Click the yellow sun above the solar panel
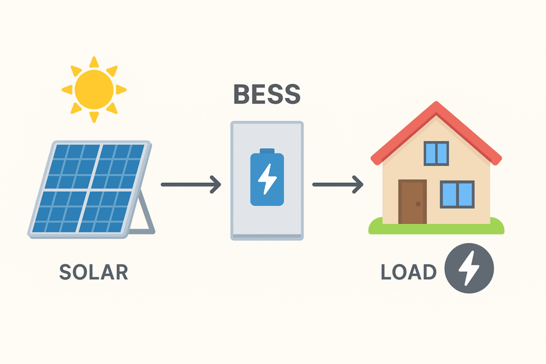pos(94,89)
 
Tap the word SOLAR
pos(93,272)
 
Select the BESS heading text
pos(267,94)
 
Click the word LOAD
pos(408,272)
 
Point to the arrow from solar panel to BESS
pos(190,184)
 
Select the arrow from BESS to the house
pos(338,184)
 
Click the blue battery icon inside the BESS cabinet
pos(267,179)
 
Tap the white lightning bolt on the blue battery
pos(267,180)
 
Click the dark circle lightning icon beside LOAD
pos(469,269)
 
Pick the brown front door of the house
pos(412,202)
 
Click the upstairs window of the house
pos(436,153)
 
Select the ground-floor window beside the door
pos(457,194)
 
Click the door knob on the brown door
pos(419,204)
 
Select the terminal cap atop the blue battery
pos(267,151)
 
